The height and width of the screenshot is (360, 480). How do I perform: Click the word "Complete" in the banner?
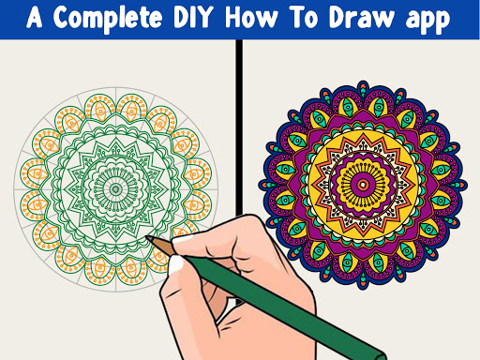108,19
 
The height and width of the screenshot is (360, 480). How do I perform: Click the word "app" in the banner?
427,20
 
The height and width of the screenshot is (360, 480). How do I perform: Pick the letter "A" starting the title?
35,17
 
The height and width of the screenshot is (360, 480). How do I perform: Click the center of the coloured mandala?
363,185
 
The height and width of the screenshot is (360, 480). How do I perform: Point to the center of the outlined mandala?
116,189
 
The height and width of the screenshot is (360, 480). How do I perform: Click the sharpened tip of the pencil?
147,237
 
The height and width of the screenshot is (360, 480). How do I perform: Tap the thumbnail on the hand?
176,264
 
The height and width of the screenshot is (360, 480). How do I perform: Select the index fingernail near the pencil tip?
183,239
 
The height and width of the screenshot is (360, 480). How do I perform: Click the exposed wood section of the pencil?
161,246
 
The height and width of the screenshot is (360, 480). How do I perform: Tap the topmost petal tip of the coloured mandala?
363,82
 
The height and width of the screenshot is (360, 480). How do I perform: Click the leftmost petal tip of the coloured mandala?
260,185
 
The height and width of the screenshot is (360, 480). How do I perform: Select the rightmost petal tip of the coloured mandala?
466,185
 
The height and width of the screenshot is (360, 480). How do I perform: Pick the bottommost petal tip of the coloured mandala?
363,288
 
